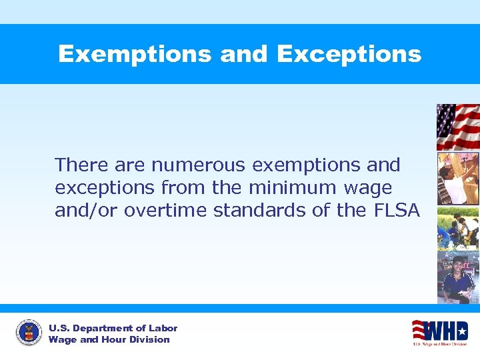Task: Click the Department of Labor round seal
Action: pyautogui.click(x=29, y=333)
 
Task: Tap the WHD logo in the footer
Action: pyautogui.click(x=439, y=332)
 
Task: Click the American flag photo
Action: pyautogui.click(x=458, y=127)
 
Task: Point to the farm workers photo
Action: pyautogui.click(x=458, y=228)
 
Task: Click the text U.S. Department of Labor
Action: pyautogui.click(x=113, y=328)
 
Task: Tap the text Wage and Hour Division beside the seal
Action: pyautogui.click(x=109, y=339)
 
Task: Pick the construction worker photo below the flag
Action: pyautogui.click(x=458, y=179)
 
